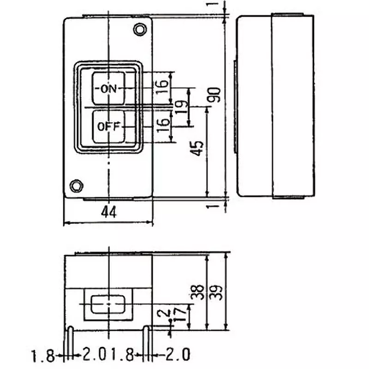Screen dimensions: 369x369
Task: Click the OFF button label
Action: pos(108,126)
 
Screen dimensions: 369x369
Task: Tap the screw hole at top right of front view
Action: pos(139,29)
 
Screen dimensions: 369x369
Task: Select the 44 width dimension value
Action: pos(109,213)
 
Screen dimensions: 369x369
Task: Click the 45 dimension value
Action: pos(197,149)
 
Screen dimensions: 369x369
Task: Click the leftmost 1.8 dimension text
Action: pos(41,356)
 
